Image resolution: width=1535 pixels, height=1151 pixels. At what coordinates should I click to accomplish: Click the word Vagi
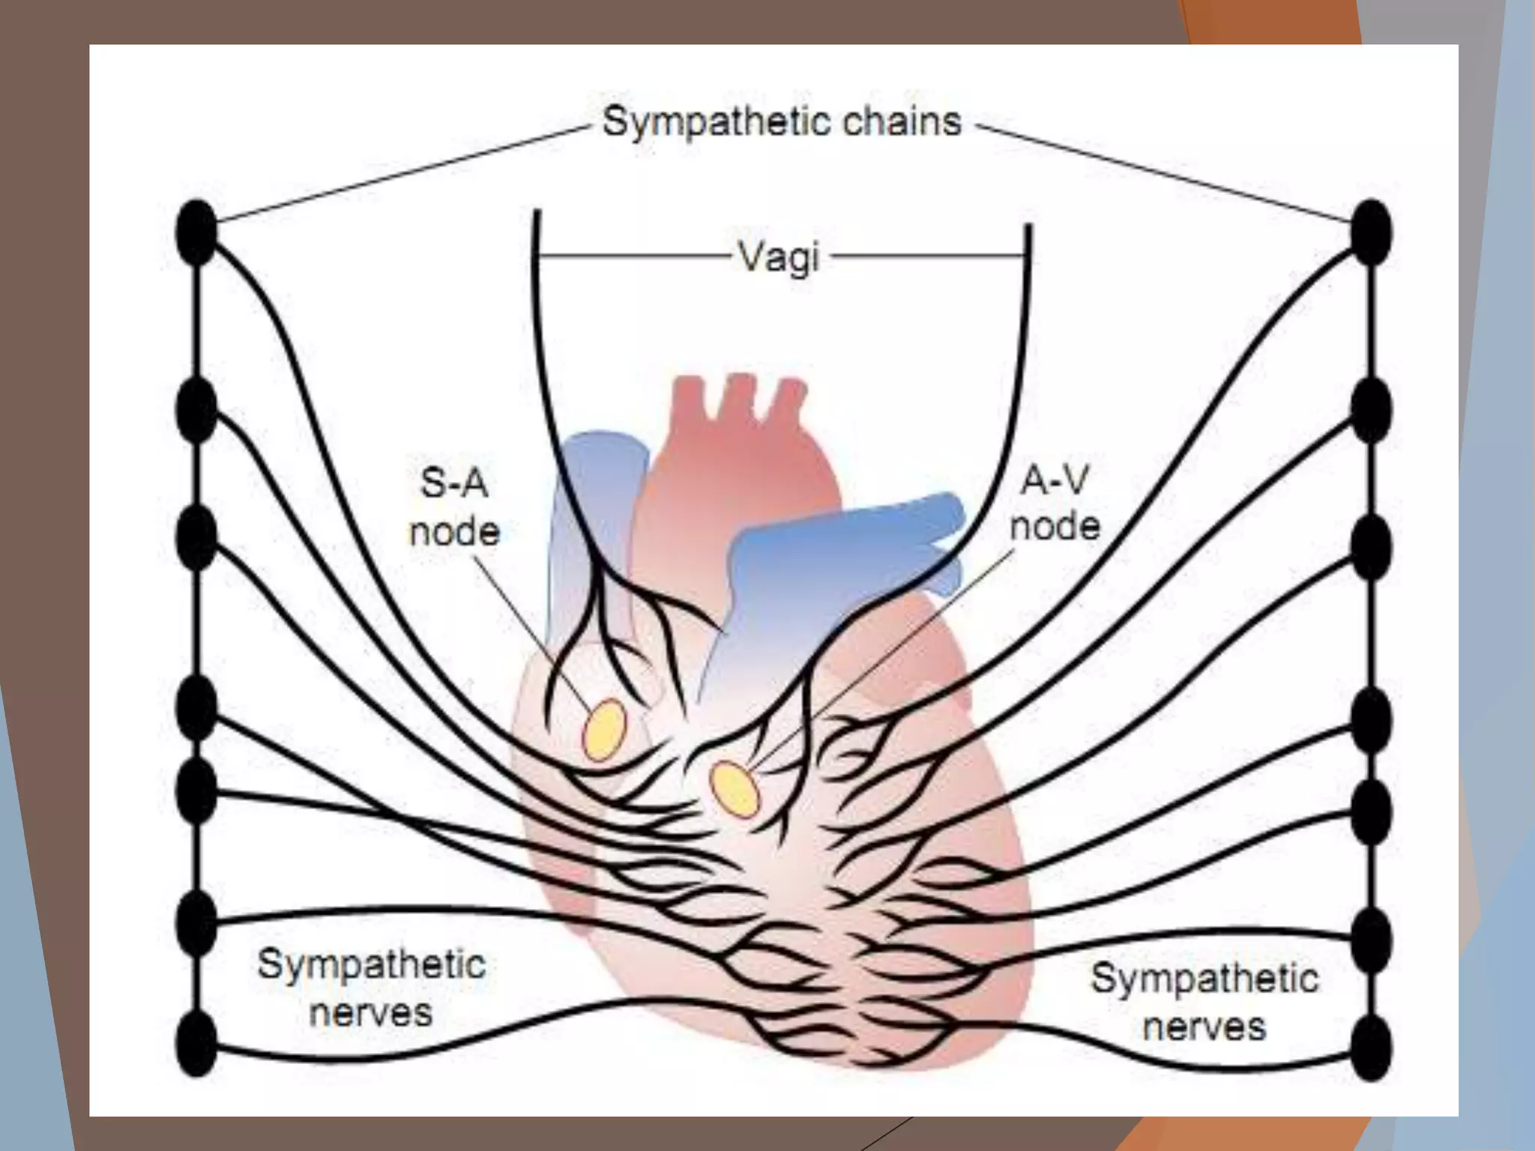click(779, 257)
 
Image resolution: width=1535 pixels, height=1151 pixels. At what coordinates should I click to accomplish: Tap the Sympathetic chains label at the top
click(781, 121)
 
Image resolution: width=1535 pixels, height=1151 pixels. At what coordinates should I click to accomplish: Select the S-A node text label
click(454, 507)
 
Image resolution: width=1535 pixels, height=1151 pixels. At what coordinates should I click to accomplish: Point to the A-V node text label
click(1055, 503)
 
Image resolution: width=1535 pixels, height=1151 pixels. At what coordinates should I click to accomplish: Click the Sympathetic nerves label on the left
click(371, 988)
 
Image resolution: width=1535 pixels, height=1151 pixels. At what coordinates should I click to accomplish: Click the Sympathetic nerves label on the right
click(1204, 1001)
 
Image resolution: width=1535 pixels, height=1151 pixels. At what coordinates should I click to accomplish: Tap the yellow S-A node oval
click(604, 730)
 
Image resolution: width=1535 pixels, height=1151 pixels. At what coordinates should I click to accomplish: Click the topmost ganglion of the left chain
click(196, 232)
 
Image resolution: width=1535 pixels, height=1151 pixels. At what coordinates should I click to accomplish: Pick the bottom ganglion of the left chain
click(196, 1043)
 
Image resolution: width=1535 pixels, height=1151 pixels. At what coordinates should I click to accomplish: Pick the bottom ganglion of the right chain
click(1371, 1048)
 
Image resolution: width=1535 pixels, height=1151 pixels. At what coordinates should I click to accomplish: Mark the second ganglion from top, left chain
click(196, 410)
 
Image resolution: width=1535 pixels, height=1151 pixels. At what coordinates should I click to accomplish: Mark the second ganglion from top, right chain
click(1371, 410)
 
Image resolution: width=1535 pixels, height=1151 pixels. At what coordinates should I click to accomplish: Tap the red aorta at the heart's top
click(738, 465)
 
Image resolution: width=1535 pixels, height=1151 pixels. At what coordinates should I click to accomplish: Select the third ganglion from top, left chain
click(196, 537)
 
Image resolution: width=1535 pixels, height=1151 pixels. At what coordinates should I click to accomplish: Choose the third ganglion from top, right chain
click(1371, 548)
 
